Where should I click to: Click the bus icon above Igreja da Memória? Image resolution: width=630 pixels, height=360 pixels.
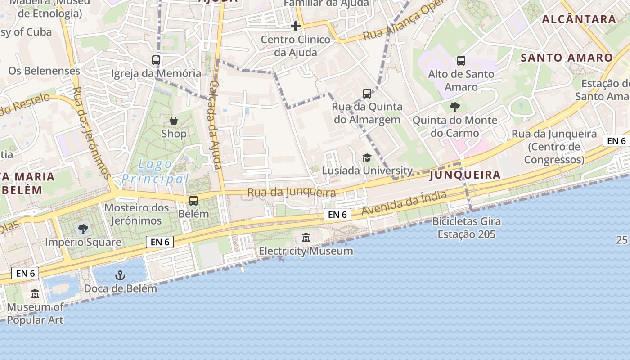click(156, 60)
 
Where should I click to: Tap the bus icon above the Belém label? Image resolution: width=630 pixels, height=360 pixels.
click(193, 201)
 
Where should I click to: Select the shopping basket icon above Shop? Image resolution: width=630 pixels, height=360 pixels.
click(174, 121)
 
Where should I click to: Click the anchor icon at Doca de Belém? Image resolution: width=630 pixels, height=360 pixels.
click(120, 275)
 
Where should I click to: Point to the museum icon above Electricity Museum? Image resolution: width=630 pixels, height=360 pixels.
click(306, 237)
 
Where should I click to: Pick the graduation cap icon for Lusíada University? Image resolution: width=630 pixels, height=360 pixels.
click(367, 157)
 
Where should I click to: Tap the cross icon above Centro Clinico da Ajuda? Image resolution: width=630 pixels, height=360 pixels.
click(296, 26)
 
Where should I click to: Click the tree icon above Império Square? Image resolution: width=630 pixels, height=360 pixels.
click(83, 229)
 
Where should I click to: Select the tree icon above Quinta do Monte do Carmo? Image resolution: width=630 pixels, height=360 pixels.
click(455, 107)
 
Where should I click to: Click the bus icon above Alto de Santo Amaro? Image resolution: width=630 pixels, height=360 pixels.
click(461, 61)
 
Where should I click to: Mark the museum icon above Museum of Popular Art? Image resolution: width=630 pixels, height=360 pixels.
click(35, 294)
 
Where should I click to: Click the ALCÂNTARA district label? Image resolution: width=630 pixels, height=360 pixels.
click(579, 19)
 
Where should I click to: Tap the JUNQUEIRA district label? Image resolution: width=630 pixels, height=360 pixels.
click(465, 175)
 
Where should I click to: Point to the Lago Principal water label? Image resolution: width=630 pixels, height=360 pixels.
click(155, 172)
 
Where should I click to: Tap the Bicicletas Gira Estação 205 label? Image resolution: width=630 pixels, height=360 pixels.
click(467, 228)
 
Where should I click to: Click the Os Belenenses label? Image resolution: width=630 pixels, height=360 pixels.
click(44, 71)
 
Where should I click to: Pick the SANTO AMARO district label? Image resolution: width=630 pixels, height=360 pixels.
click(567, 58)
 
